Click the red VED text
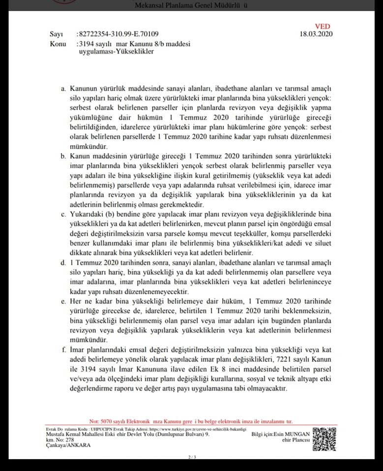323,26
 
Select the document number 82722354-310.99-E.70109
118,34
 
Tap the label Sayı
57,34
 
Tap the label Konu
58,44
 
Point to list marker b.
63,156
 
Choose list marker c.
63,215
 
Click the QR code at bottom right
324,439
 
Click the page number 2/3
192,458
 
